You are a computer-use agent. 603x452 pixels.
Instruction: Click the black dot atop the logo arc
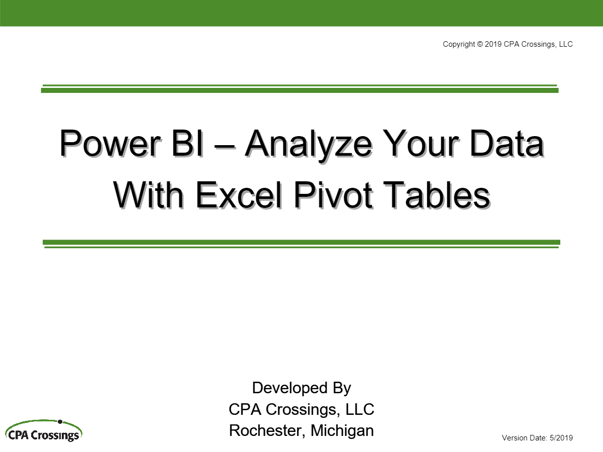(60, 421)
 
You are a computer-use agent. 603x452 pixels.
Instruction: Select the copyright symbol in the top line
(479, 44)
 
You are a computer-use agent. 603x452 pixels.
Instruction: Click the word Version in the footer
(515, 438)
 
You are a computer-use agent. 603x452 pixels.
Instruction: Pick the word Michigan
(342, 431)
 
